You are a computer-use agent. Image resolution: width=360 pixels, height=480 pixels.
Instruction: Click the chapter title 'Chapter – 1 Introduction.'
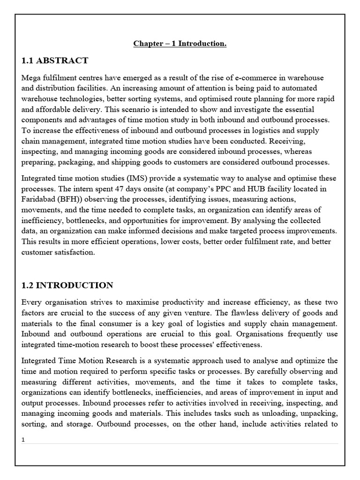[x=180, y=44]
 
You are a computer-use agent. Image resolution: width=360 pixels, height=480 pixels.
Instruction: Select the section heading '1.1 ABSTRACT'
[x=55, y=60]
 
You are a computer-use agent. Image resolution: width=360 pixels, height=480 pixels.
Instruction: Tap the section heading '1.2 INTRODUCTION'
[x=67, y=285]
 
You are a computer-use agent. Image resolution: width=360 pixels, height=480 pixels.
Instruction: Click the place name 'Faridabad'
[x=38, y=199]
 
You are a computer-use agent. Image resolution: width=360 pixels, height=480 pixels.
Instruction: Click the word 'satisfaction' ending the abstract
[x=73, y=252]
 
